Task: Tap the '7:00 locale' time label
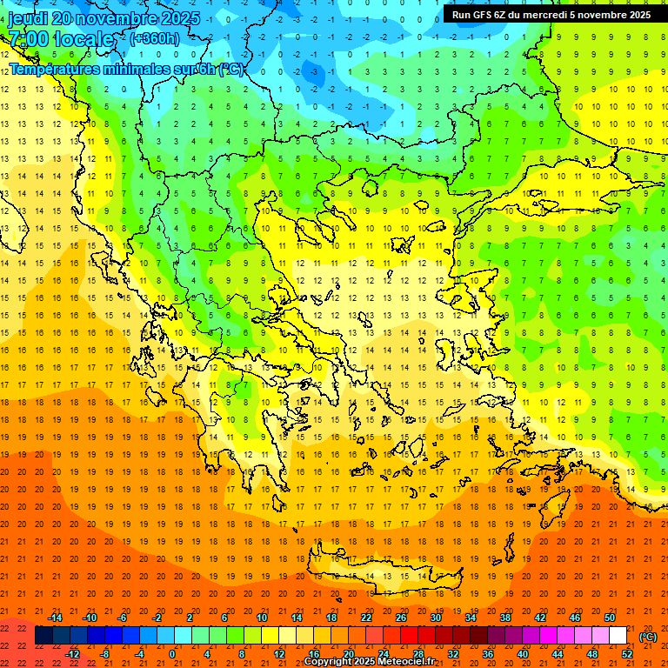61,39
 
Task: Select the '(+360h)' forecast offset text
155,38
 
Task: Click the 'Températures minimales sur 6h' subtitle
127,69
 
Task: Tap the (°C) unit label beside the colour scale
647,636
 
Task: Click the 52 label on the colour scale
627,654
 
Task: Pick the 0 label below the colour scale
172,654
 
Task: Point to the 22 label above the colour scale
366,618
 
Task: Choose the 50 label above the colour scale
610,618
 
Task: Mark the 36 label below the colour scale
488,654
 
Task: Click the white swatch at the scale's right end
618,636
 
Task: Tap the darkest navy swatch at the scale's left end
43,636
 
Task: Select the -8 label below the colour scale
104,654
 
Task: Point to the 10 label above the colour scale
262,618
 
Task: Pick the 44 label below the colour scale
558,654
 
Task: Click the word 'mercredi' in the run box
544,15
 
